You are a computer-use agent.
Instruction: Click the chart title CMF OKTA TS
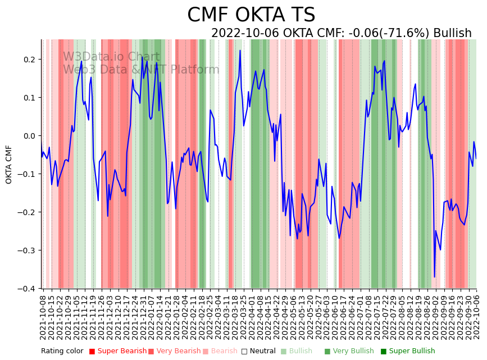[x=251, y=15]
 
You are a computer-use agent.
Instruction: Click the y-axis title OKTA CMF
[x=9, y=164]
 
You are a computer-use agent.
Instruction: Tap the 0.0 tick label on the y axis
[x=29, y=136]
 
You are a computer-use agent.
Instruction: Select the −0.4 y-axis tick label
[x=26, y=289]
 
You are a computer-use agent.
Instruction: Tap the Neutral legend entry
[x=260, y=352]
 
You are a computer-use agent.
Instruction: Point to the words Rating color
[x=62, y=352]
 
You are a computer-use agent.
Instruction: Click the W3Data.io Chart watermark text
[x=111, y=57]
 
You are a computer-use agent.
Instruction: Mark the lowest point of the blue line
[x=434, y=276]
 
